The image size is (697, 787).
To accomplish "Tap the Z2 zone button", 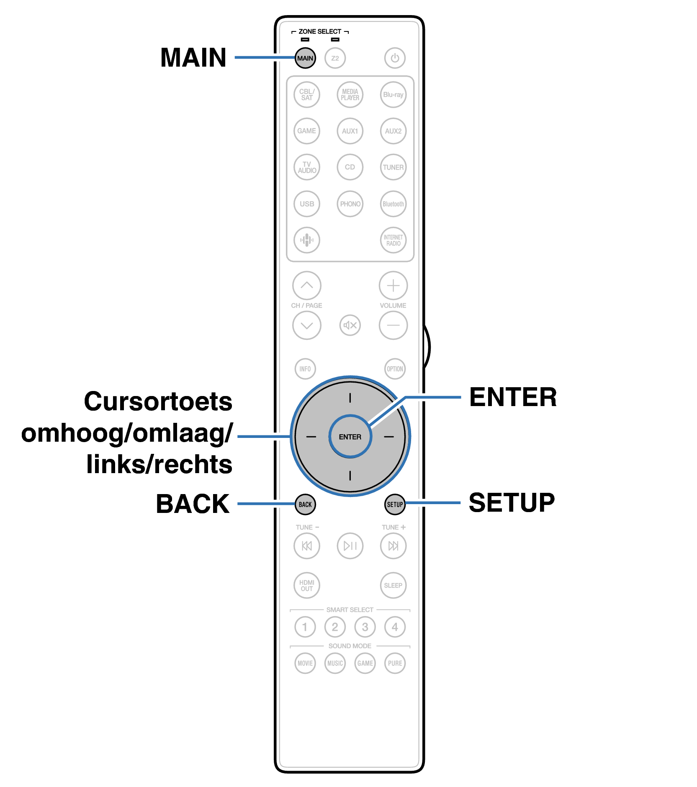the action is [x=335, y=58].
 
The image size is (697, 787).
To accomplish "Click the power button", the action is [x=395, y=58].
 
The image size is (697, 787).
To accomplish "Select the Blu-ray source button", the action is [x=393, y=95].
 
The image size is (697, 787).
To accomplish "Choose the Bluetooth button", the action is [x=393, y=204].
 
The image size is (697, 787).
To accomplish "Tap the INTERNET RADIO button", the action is [x=393, y=240].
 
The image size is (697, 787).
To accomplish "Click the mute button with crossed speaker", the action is [x=350, y=325].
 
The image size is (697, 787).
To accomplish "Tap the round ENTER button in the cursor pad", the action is [x=350, y=437].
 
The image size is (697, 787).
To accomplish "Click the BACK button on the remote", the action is [x=305, y=505].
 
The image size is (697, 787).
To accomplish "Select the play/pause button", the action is [x=350, y=546].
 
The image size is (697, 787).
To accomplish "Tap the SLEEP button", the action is [x=393, y=585].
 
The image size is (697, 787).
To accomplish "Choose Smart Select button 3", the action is [x=365, y=627].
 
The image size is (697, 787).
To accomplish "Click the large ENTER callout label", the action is [x=513, y=397].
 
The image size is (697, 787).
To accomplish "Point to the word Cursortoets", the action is [x=158, y=401].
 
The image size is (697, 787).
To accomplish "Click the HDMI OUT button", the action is [x=307, y=585].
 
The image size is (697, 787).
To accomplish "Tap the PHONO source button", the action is [x=350, y=204].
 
